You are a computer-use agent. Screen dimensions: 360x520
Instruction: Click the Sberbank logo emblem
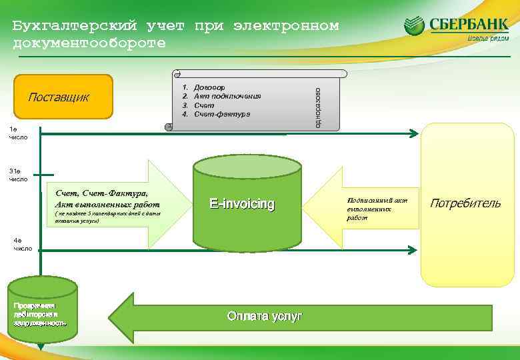(414, 26)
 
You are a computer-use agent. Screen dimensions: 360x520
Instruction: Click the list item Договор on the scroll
(209, 87)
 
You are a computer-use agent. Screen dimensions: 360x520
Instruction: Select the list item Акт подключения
(227, 96)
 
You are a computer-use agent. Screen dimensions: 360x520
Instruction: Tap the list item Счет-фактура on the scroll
(222, 114)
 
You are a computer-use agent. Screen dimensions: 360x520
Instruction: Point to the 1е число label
(17, 133)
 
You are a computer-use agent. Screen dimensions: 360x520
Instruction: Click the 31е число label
(18, 175)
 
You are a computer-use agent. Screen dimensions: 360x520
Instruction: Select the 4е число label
(23, 244)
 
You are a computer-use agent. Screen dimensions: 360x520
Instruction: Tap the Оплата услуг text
(265, 316)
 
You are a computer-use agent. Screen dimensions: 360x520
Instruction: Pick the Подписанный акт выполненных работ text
(377, 209)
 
